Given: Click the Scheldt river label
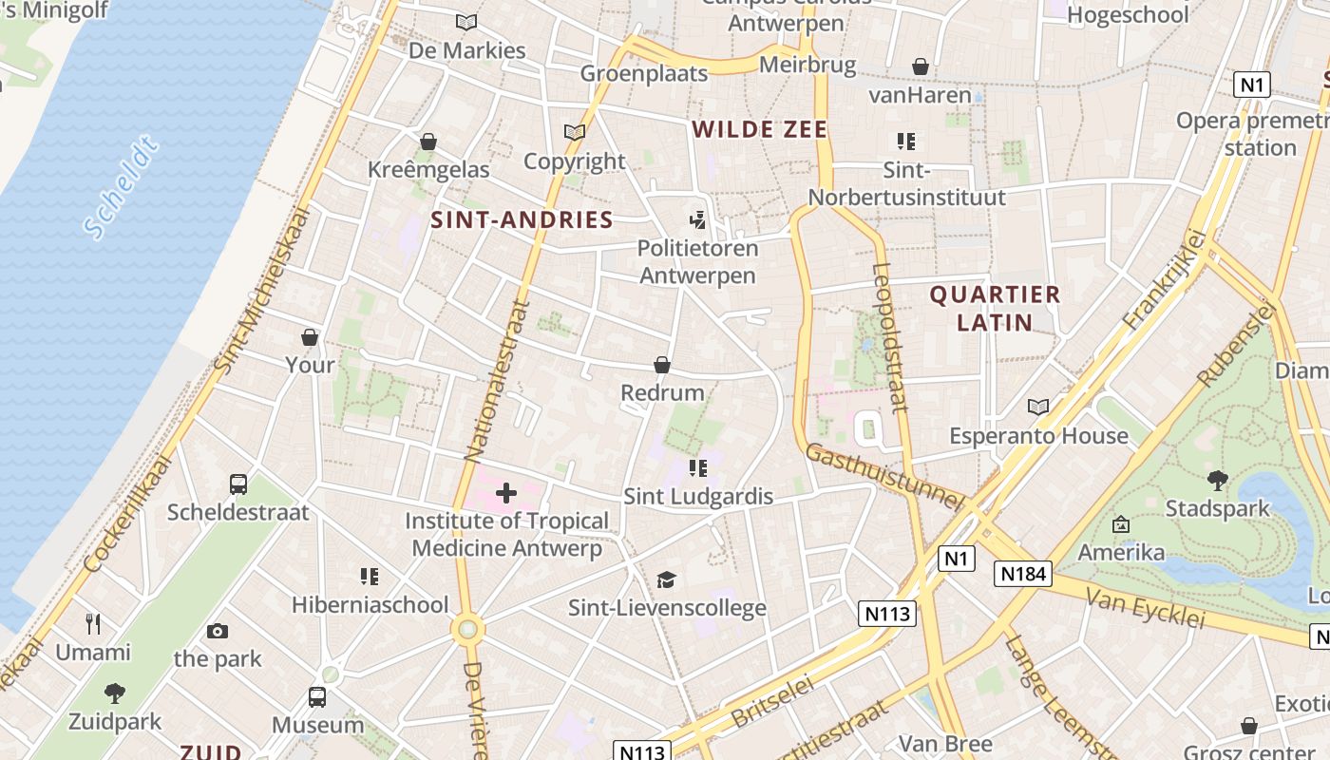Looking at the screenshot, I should click(x=121, y=188).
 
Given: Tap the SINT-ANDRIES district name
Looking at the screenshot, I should click(x=522, y=220).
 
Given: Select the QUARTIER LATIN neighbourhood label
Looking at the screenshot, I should click(x=995, y=309).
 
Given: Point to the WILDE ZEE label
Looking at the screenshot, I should click(x=760, y=130).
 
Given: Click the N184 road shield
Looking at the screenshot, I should click(x=1024, y=573).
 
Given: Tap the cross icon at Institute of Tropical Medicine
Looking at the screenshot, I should click(x=506, y=492).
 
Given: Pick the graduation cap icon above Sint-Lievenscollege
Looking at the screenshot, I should click(x=667, y=579).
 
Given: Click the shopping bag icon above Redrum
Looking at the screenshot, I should click(x=662, y=365).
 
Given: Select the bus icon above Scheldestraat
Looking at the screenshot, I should click(x=238, y=484).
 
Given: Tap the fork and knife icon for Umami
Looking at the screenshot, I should click(x=93, y=624).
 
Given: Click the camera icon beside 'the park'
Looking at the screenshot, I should click(x=218, y=631).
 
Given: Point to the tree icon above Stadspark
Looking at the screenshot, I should click(x=1217, y=481).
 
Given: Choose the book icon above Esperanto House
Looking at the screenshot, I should click(x=1038, y=408).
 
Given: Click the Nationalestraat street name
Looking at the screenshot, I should click(x=496, y=380).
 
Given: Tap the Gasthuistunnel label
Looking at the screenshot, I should click(x=883, y=477).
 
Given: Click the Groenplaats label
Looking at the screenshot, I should click(x=644, y=73).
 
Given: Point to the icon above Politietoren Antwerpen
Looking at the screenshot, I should click(x=698, y=220).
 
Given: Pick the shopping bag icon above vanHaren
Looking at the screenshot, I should click(x=920, y=66).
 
